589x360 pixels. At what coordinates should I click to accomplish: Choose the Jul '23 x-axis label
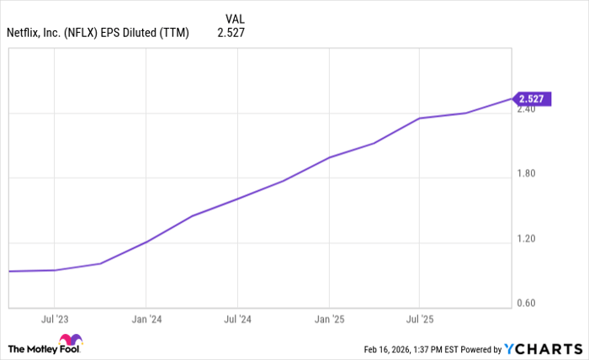click(x=54, y=320)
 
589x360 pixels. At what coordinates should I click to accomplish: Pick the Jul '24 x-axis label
click(x=237, y=320)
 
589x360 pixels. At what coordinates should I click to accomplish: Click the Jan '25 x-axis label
click(x=329, y=320)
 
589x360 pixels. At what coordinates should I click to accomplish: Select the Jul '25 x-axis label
click(x=419, y=320)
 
